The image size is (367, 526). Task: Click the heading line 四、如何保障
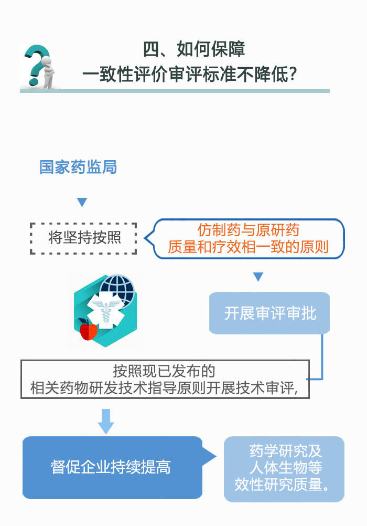pyautogui.click(x=194, y=49)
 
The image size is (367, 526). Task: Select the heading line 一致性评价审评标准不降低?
pyautogui.click(x=190, y=74)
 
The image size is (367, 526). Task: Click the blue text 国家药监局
pyautogui.click(x=78, y=167)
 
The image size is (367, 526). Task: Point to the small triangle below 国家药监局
pyautogui.click(x=82, y=202)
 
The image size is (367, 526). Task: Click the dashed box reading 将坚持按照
pyautogui.click(x=83, y=238)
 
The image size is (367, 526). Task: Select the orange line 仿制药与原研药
pyautogui.click(x=249, y=230)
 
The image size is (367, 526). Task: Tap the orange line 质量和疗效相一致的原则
pyautogui.click(x=248, y=247)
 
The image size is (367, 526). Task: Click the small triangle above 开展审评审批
pyautogui.click(x=258, y=277)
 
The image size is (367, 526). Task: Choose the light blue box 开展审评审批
pyautogui.click(x=269, y=313)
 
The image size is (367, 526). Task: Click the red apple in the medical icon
pyautogui.click(x=89, y=330)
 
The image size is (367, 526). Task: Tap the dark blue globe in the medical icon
pyautogui.click(x=118, y=289)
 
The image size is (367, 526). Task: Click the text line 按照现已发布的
pyautogui.click(x=164, y=371)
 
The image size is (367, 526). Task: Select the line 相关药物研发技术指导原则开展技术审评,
pyautogui.click(x=164, y=388)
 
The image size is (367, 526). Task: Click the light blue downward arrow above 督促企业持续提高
pyautogui.click(x=106, y=422)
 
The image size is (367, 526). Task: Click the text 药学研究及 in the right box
pyautogui.click(x=286, y=451)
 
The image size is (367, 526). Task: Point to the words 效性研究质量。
pyautogui.click(x=283, y=484)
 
